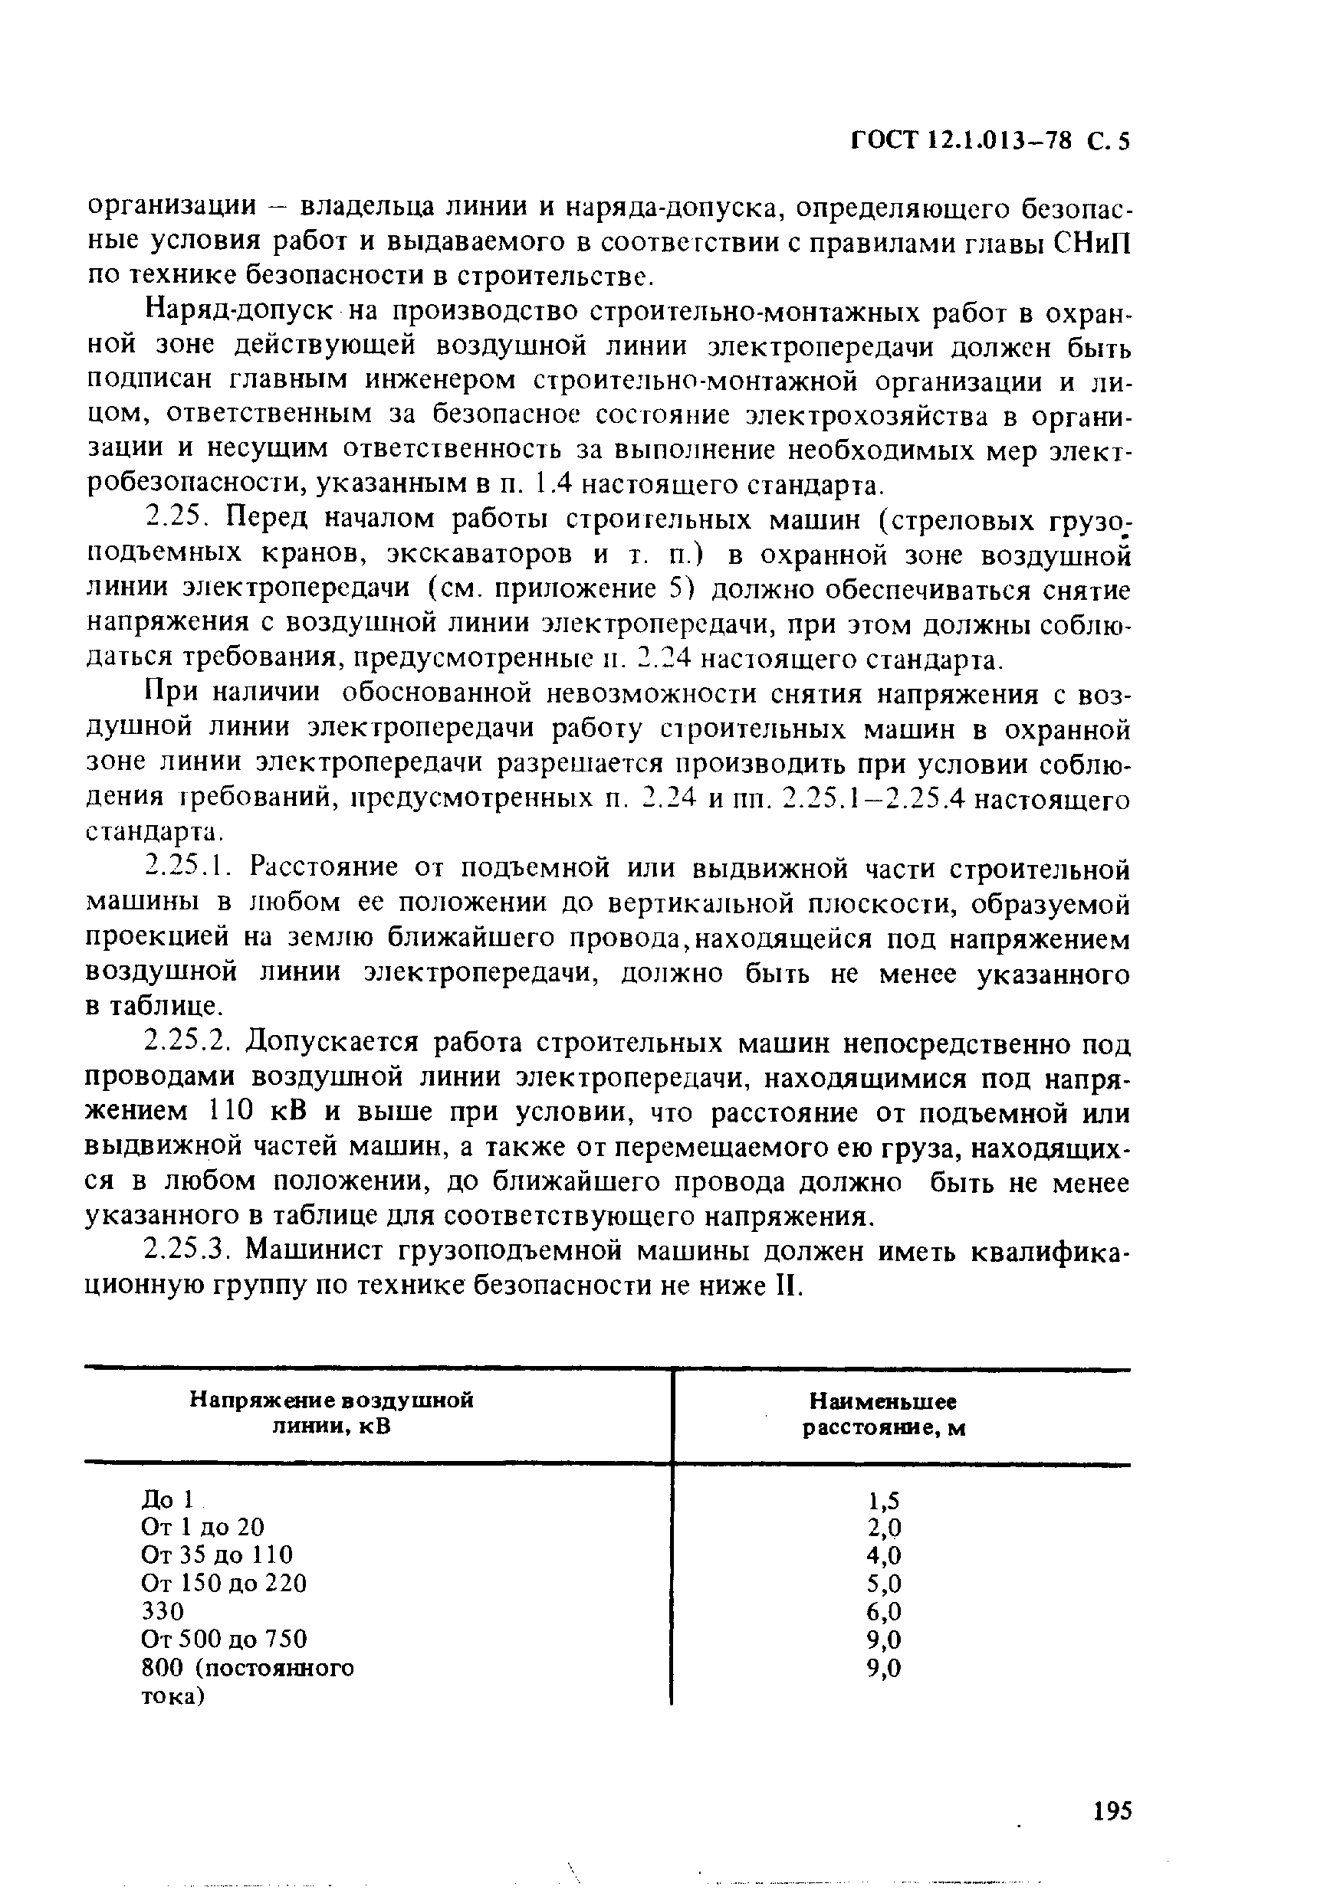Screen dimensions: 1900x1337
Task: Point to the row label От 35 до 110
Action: pyautogui.click(x=217, y=1555)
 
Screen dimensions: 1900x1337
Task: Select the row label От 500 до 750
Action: pyautogui.click(x=224, y=1640)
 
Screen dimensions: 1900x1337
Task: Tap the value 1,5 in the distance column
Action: pyautogui.click(x=883, y=1499)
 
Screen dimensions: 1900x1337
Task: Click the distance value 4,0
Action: pyautogui.click(x=883, y=1556)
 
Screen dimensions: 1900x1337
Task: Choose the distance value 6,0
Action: pyautogui.click(x=883, y=1612)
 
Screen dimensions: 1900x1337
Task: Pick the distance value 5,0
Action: pyautogui.click(x=883, y=1584)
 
